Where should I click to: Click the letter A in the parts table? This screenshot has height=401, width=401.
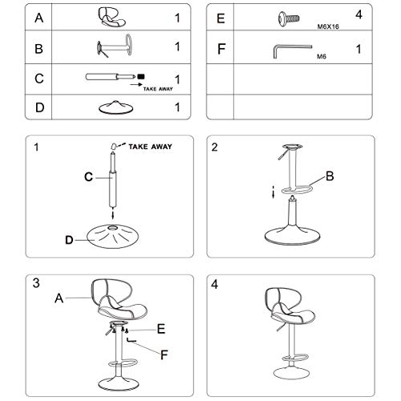click(x=39, y=18)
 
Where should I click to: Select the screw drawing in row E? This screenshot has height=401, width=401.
click(x=289, y=18)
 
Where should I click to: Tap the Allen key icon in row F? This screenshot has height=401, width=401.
click(x=293, y=51)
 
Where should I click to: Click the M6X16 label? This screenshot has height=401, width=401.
click(x=328, y=26)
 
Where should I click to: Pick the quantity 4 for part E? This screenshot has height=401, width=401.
click(x=358, y=14)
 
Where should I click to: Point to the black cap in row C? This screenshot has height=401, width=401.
click(x=141, y=77)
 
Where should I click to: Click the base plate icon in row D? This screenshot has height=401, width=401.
click(x=115, y=107)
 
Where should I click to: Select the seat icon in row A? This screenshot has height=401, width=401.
click(x=111, y=17)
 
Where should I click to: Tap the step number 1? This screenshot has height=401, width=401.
click(x=36, y=147)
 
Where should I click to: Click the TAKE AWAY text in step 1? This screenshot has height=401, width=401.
click(x=150, y=147)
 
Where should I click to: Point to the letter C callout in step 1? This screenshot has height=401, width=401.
click(x=88, y=176)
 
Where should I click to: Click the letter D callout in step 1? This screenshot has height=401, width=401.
click(x=69, y=240)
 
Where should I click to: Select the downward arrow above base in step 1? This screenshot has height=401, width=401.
click(x=113, y=215)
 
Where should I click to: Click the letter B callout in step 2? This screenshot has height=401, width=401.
click(x=330, y=176)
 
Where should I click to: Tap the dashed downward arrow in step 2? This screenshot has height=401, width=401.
click(x=273, y=192)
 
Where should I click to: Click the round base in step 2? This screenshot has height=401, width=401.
click(x=293, y=236)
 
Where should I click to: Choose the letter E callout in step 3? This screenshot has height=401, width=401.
click(x=161, y=329)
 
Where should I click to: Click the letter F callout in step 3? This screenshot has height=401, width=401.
click(x=164, y=355)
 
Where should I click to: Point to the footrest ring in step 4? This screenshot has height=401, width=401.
click(x=295, y=358)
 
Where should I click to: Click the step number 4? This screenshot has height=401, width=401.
click(x=215, y=285)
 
